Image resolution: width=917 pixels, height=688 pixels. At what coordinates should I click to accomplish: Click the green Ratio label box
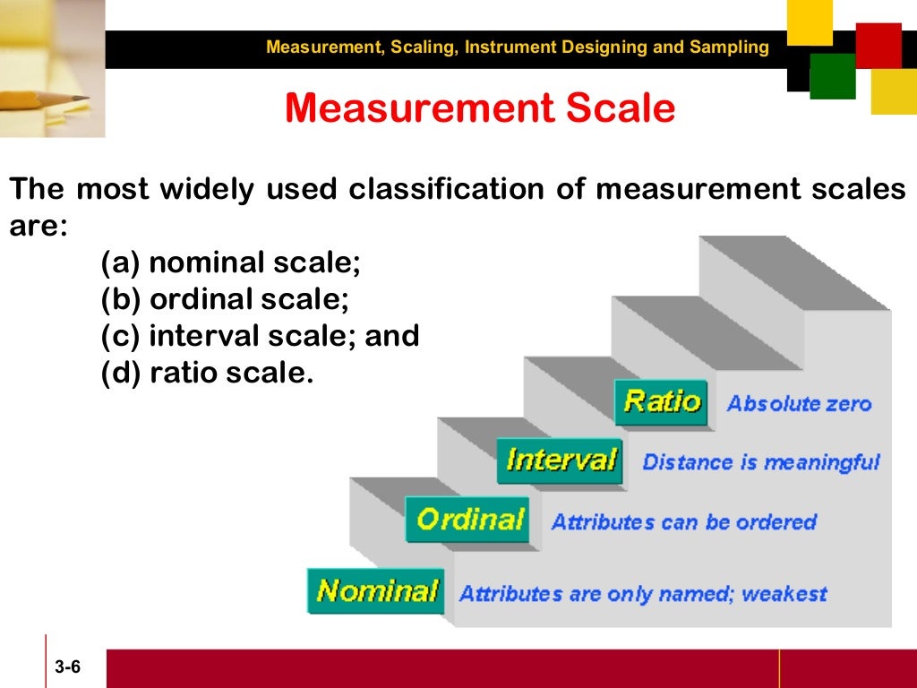coord(661,402)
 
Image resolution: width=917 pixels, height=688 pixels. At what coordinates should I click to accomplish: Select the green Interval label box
coord(561,461)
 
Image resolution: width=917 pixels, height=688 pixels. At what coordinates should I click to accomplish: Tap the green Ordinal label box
coord(469,520)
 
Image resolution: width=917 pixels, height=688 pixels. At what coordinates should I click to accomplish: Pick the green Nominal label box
coord(376,591)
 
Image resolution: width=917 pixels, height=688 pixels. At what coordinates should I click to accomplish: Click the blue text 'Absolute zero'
coord(799,404)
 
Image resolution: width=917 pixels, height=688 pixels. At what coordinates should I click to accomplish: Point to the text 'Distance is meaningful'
coord(761,463)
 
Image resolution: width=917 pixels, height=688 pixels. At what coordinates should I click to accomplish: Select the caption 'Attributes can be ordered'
coord(684,522)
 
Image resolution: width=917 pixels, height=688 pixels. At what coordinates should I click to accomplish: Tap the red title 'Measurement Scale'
coord(479,108)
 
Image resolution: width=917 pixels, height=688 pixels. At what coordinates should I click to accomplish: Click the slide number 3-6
coord(67,667)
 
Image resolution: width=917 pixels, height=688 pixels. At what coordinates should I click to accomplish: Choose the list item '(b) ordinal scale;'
coord(225,299)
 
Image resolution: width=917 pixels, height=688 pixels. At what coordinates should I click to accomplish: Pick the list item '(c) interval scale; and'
coord(260,336)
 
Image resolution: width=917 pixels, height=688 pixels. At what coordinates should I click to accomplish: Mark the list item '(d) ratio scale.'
coord(207,373)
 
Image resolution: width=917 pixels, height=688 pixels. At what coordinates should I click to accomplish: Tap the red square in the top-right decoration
coord(878,45)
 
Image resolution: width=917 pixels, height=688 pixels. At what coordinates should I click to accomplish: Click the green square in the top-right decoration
coord(833,76)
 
